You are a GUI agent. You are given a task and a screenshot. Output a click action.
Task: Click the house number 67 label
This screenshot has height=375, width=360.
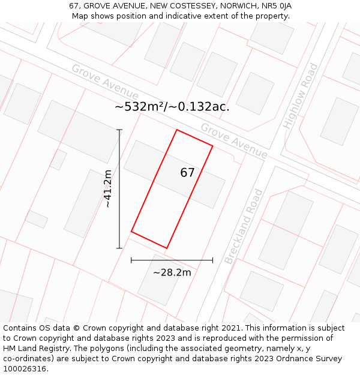pyautogui.click(x=187, y=173)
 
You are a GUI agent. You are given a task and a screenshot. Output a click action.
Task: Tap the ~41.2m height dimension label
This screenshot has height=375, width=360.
pyautogui.click(x=107, y=189)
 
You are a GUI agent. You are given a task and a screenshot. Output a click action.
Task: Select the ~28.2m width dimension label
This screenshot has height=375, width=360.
pyautogui.click(x=172, y=272)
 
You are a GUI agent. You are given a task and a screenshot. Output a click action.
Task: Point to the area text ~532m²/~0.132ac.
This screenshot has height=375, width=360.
pyautogui.click(x=172, y=107)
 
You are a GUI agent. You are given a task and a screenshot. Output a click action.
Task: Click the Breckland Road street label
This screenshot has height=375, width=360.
pyautogui.click(x=244, y=226)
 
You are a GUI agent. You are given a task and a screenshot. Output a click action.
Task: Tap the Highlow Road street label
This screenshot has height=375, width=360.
pyautogui.click(x=301, y=95)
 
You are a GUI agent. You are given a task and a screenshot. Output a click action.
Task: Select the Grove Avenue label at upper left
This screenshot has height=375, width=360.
pyautogui.click(x=105, y=82)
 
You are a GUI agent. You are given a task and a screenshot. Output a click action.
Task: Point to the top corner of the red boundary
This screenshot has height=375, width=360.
pyautogui.click(x=176, y=130)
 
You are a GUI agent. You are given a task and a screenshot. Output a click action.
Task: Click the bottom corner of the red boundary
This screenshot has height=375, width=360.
pyautogui.click(x=167, y=248)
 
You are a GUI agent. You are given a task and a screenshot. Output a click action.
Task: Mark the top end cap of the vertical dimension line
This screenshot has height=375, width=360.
pyautogui.click(x=119, y=130)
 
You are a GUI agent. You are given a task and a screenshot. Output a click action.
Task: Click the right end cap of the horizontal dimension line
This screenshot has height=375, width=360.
pyautogui.click(x=213, y=260)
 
